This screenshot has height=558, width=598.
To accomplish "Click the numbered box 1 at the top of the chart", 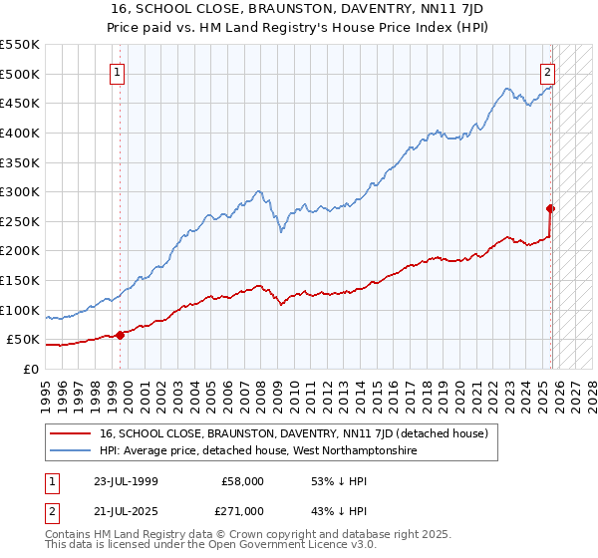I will pos(118,73).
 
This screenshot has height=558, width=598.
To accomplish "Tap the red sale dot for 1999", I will pos(121,335).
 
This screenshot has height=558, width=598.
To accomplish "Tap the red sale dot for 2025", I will pos(550,208).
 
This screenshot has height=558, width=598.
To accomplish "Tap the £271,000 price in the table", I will pos(242,511).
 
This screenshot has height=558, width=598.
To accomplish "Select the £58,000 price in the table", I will pos(242,481).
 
